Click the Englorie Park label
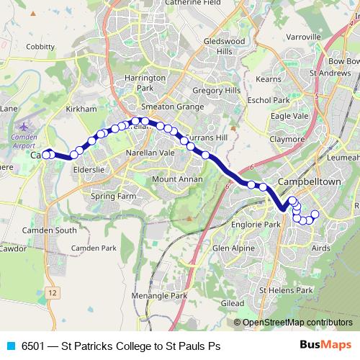pos(251,225)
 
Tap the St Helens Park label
pos(286,290)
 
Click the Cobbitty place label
pos(40,47)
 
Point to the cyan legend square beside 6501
pos(9,346)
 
